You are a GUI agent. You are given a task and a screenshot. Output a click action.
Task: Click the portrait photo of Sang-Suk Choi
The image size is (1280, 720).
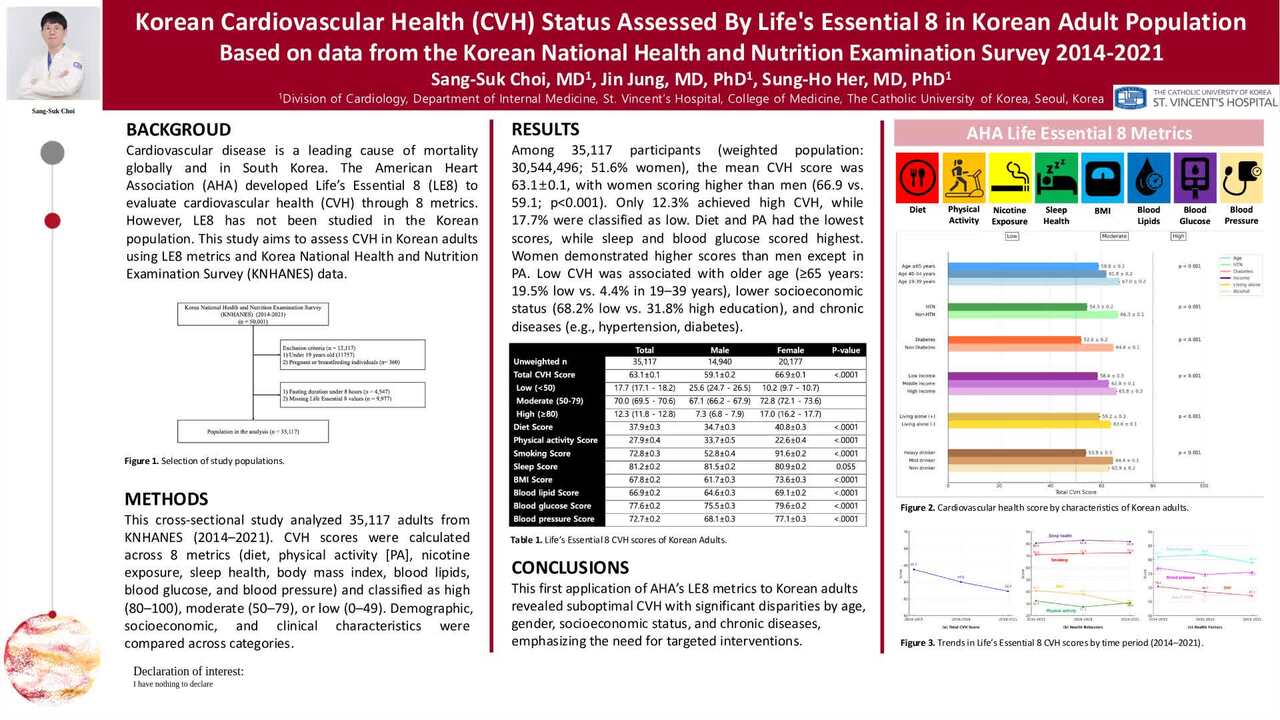click(53, 53)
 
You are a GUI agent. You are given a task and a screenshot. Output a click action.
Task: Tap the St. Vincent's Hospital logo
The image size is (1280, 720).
click(1195, 97)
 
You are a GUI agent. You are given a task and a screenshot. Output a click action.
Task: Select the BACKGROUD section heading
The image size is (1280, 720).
click(178, 130)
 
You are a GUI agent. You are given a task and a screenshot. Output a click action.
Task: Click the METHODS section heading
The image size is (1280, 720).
click(166, 499)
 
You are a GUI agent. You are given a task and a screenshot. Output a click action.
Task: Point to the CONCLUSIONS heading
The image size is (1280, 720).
click(570, 567)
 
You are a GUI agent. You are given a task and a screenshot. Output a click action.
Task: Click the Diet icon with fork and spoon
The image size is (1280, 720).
click(917, 177)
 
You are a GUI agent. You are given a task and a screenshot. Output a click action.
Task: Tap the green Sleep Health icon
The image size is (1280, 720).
click(1056, 177)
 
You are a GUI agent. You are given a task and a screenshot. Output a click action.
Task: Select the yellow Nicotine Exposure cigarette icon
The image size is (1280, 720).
click(1009, 177)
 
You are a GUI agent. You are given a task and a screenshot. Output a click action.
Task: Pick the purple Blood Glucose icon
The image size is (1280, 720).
click(1194, 177)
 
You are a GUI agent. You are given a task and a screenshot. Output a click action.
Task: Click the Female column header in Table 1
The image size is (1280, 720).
click(790, 349)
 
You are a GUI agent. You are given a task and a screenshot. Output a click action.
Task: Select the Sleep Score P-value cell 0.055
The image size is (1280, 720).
click(845, 466)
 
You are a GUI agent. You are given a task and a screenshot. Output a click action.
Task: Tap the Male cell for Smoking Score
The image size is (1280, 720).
click(719, 453)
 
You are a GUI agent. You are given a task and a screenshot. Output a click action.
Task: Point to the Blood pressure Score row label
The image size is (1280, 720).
click(553, 519)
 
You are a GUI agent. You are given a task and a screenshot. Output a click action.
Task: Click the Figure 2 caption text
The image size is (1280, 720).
click(1044, 508)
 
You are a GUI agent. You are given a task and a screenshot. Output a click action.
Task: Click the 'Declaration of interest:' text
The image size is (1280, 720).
click(188, 671)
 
